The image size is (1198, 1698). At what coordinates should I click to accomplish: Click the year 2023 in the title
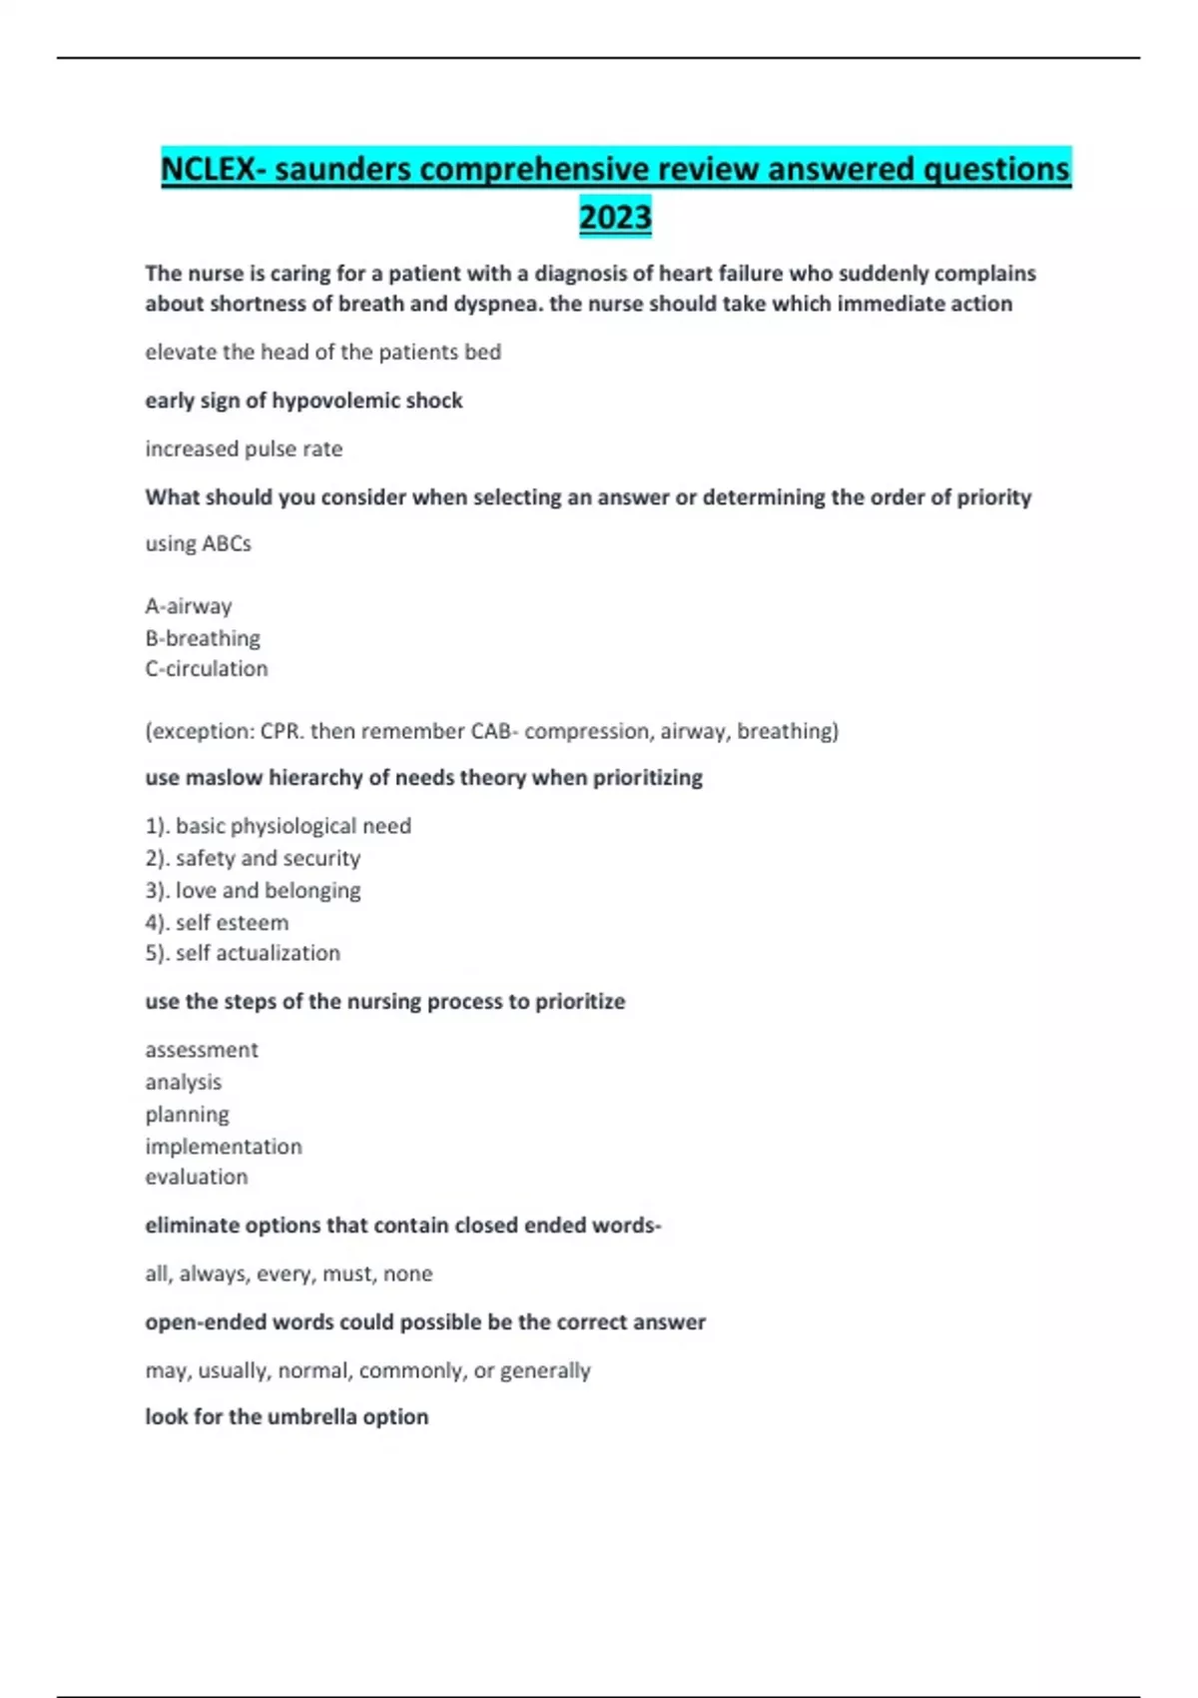[x=615, y=217]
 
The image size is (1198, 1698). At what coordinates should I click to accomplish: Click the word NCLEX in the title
[x=208, y=169]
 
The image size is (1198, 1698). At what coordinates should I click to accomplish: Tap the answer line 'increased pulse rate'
[x=244, y=448]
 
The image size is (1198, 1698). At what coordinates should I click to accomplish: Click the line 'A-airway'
[x=189, y=606]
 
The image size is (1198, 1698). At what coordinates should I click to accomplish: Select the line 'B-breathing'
[x=203, y=637]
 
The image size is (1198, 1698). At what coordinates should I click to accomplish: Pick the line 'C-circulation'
[x=207, y=668]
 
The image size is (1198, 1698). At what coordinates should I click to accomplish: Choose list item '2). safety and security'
[x=253, y=858]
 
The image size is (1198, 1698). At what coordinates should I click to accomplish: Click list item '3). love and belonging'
[x=253, y=890]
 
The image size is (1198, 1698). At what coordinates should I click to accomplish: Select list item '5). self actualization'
[x=243, y=953]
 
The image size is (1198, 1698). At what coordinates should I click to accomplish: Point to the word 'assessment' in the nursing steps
[x=202, y=1050]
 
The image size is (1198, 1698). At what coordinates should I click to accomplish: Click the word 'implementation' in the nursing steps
[x=224, y=1146]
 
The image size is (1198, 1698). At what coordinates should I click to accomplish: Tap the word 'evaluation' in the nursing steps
[x=197, y=1177]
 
